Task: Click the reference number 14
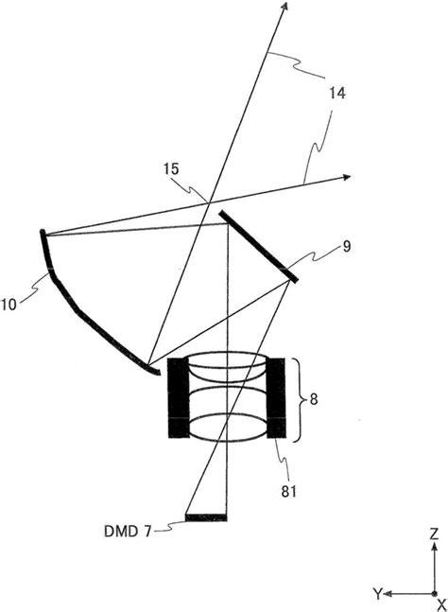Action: (337, 94)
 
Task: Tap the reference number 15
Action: (171, 168)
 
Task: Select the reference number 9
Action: (346, 246)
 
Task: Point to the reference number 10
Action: (9, 304)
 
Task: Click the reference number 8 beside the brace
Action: (314, 399)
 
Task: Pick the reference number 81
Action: (289, 492)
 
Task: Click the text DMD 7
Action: (128, 532)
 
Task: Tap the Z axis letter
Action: (434, 533)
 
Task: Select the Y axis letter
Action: (377, 594)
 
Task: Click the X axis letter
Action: (441, 605)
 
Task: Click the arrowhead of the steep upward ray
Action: (284, 6)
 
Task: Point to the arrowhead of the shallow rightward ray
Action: (346, 178)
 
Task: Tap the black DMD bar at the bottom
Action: (206, 517)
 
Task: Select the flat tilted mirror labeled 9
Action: (259, 246)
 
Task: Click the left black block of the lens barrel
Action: (179, 397)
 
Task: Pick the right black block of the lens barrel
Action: (276, 397)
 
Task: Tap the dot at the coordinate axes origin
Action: (434, 594)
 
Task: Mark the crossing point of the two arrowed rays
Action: (210, 202)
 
